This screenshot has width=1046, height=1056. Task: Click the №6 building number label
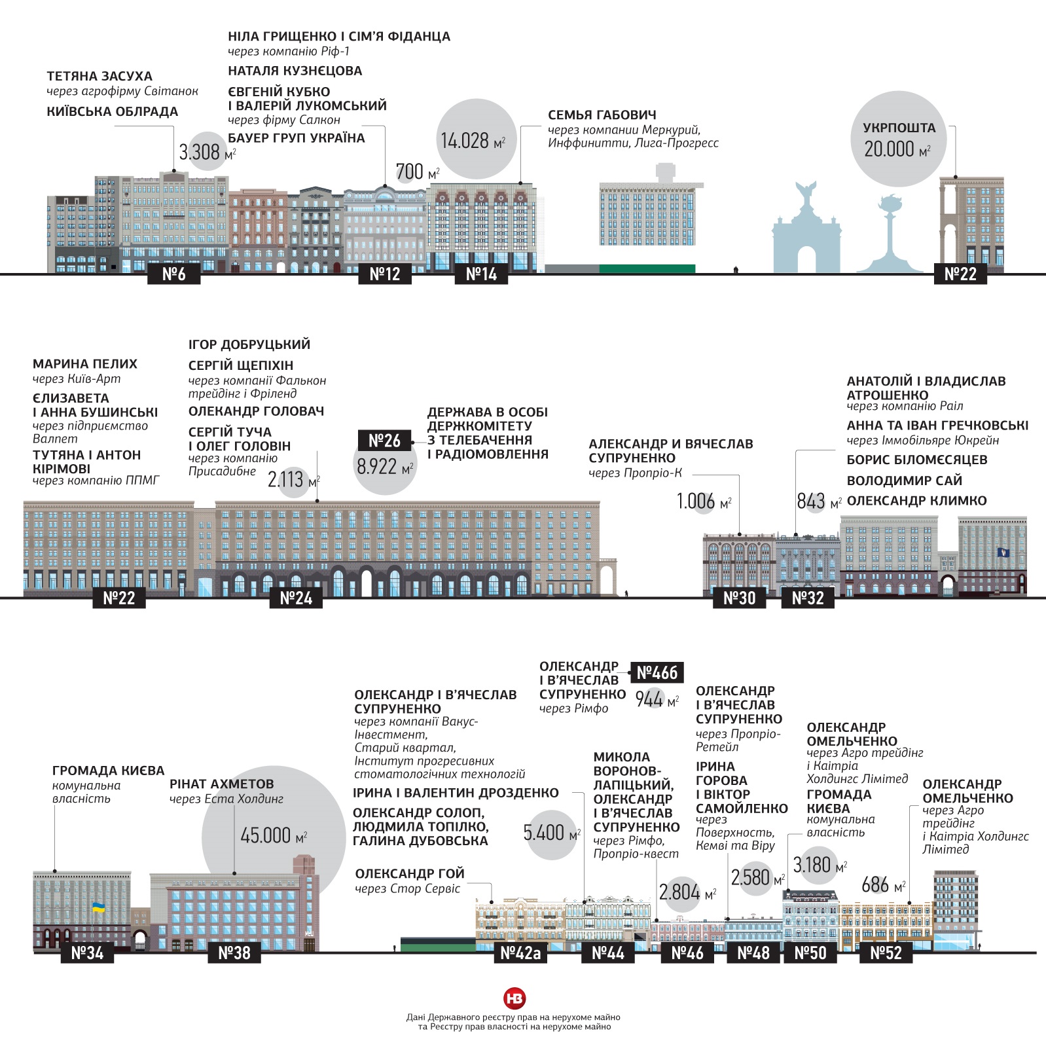coord(173,274)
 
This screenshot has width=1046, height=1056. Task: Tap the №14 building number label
coord(481,274)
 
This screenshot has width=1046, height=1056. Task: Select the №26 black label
coord(384,441)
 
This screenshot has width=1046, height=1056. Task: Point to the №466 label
coord(657,672)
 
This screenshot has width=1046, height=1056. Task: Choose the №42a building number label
coord(520,953)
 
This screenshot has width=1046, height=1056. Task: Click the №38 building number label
coord(234,953)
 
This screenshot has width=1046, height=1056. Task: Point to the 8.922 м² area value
coord(385,467)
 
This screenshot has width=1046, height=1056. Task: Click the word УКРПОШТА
coord(899,128)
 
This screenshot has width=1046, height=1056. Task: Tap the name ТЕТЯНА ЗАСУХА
coord(99,77)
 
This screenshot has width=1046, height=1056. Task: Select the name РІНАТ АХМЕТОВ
coord(221,784)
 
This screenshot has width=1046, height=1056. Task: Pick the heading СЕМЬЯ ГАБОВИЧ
coord(602,115)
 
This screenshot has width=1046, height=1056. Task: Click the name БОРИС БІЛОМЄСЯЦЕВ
coord(916,460)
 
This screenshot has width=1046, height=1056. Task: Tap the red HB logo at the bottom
coord(514,998)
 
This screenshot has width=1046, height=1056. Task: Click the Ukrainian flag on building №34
coord(98,907)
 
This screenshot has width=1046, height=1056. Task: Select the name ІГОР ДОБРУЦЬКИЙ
coord(249,344)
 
